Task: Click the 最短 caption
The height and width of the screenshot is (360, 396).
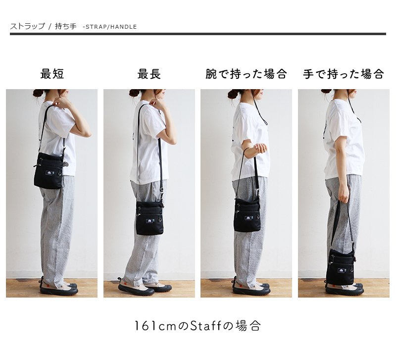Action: coord(52,74)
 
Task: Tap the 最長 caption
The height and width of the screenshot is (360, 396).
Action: coord(149,74)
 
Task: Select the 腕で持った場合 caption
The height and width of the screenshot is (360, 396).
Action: coord(246,74)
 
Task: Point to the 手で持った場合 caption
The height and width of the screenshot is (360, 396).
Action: coord(344,74)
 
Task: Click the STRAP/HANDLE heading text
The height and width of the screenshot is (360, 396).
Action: coord(111,27)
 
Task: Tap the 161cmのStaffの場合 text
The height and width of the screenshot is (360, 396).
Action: coord(197,326)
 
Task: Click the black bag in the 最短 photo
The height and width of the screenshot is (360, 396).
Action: coord(49,171)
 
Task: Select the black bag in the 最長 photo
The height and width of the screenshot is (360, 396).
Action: coord(149,218)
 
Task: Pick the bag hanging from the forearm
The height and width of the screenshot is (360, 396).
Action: coord(247,214)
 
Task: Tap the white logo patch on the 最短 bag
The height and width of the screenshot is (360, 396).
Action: coord(49,173)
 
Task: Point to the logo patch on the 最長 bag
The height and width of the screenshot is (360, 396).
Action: coord(149,221)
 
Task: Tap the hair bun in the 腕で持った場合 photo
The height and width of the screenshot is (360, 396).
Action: coord(232,95)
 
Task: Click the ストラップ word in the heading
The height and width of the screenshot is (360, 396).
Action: coord(28,26)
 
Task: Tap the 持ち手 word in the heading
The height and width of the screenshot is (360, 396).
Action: coord(66,26)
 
